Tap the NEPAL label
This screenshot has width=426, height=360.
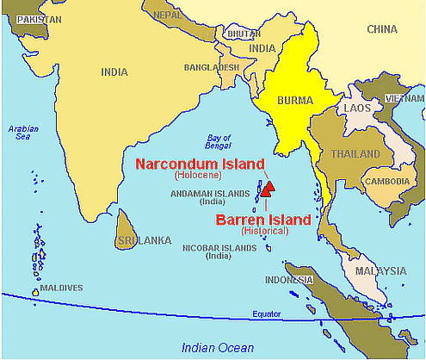pyautogui.click(x=167, y=15)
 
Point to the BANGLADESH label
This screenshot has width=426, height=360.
pyautogui.click(x=211, y=67)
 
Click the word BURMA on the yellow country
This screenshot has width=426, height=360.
pyautogui.click(x=295, y=100)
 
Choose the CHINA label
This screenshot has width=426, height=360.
pyautogui.click(x=381, y=29)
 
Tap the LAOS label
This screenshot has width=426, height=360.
pyautogui.click(x=356, y=109)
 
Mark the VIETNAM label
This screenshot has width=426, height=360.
pyautogui.click(x=404, y=99)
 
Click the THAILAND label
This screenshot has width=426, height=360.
pyautogui.click(x=355, y=154)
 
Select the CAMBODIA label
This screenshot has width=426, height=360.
pyautogui.click(x=387, y=182)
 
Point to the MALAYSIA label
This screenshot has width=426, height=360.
pyautogui.click(x=382, y=270)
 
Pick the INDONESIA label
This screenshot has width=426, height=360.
pyautogui.click(x=288, y=281)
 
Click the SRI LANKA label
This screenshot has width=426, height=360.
pyautogui.click(x=145, y=240)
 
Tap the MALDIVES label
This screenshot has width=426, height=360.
pyautogui.click(x=61, y=288)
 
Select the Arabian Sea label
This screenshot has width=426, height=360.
pyautogui.click(x=24, y=133)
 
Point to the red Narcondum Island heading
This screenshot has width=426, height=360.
pyautogui.click(x=201, y=162)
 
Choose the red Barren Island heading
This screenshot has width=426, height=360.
pyautogui.click(x=264, y=220)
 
